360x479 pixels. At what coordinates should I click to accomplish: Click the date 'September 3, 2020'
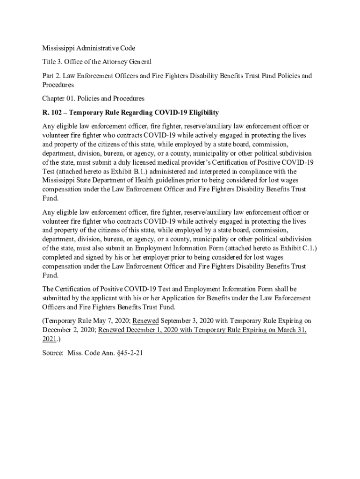pyautogui.click(x=190, y=321)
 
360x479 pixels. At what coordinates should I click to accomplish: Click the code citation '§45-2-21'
pyautogui.click(x=128, y=353)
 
